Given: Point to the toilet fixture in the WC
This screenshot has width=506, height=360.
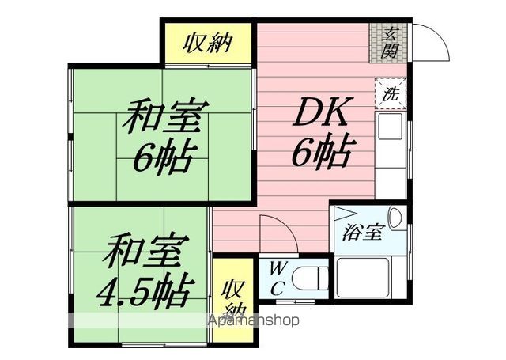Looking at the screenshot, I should (x=311, y=279).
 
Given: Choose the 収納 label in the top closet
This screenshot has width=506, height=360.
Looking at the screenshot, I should (x=209, y=42).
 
